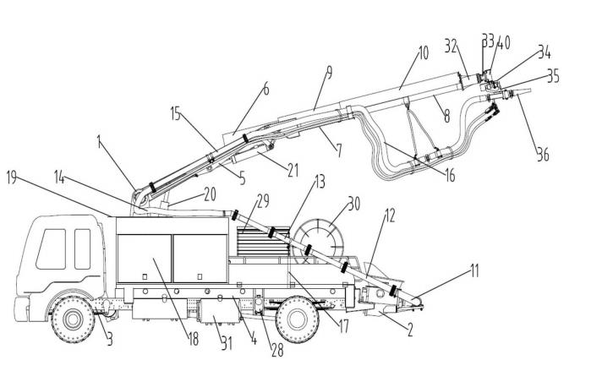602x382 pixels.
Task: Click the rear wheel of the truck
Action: [298, 318]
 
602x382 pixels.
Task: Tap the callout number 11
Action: [475, 271]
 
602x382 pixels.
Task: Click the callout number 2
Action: [409, 331]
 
